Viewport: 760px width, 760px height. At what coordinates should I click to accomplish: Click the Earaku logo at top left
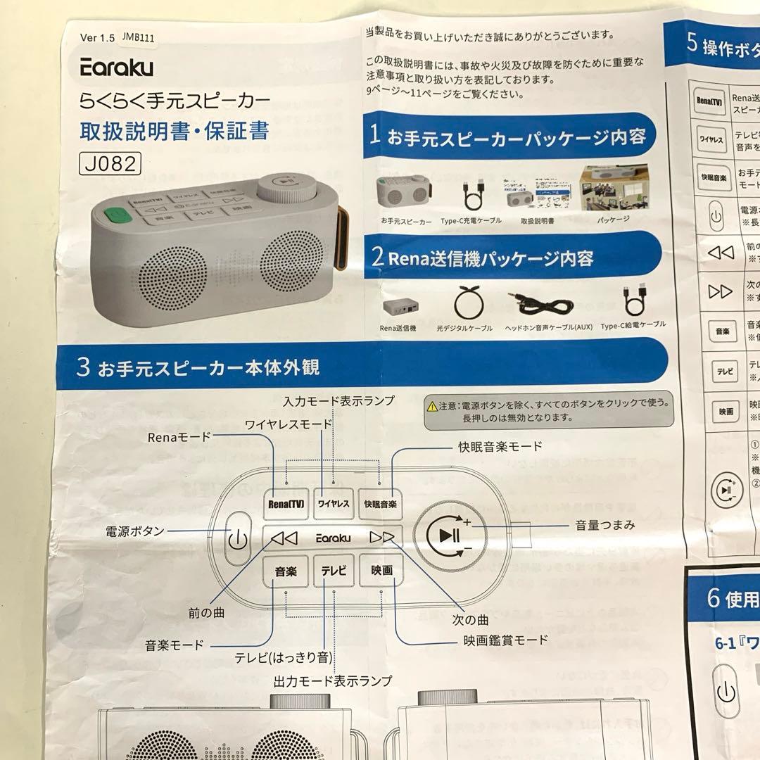click(116, 67)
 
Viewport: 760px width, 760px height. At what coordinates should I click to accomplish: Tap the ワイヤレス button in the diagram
click(334, 504)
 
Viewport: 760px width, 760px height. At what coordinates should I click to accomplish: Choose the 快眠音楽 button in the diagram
click(380, 504)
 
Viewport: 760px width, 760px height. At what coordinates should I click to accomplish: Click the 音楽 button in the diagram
click(285, 571)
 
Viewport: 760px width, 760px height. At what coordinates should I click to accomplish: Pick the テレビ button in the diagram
click(334, 571)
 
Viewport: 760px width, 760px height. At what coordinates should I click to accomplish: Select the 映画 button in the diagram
click(381, 571)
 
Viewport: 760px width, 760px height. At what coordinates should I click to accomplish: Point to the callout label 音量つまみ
click(605, 524)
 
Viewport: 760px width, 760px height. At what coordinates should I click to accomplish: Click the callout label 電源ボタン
click(135, 531)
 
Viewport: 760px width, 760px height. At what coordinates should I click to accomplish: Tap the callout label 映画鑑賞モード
click(505, 640)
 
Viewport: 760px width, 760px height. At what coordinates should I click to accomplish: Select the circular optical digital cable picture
click(469, 303)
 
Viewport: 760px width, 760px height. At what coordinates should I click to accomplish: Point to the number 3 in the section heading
click(83, 367)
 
